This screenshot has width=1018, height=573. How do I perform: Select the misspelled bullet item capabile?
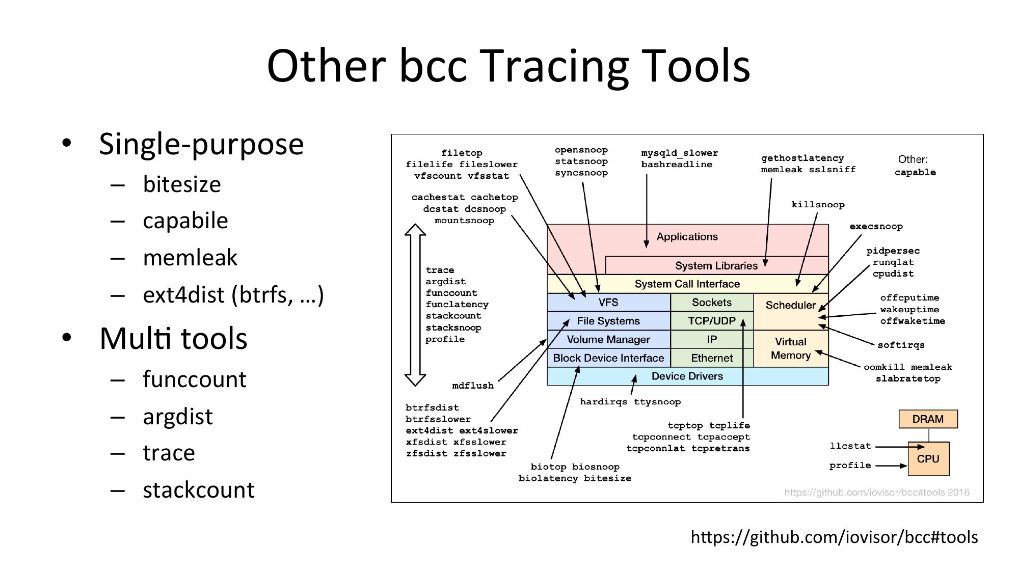pyautogui.click(x=185, y=221)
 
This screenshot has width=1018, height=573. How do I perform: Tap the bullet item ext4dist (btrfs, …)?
pyautogui.click(x=233, y=295)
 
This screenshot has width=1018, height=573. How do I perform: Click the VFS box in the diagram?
pyautogui.click(x=608, y=303)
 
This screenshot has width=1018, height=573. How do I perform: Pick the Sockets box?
pyautogui.click(x=711, y=303)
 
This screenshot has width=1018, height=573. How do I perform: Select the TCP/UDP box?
pyautogui.click(x=711, y=321)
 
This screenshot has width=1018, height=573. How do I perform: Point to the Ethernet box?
pyautogui.click(x=711, y=358)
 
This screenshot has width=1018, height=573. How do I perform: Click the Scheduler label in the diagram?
pyautogui.click(x=790, y=305)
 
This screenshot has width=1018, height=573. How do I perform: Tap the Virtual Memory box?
pyautogui.click(x=790, y=348)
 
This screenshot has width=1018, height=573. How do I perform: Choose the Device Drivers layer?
pyautogui.click(x=687, y=376)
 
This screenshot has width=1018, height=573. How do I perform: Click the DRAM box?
pyautogui.click(x=927, y=419)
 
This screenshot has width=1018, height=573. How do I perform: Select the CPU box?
pyautogui.click(x=928, y=459)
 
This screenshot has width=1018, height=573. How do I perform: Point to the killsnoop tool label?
pyautogui.click(x=818, y=205)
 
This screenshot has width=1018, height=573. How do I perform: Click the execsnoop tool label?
pyautogui.click(x=876, y=227)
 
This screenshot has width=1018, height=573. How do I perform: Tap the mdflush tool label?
pyautogui.click(x=473, y=386)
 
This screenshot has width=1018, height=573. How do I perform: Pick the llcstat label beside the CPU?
pyautogui.click(x=850, y=446)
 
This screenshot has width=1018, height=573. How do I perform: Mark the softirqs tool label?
pyautogui.click(x=901, y=345)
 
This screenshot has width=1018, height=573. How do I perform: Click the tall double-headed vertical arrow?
pyautogui.click(x=415, y=305)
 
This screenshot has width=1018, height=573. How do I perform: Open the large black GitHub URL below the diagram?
pyautogui.click(x=834, y=537)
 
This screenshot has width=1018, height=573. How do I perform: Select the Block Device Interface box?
pyautogui.click(x=608, y=358)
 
